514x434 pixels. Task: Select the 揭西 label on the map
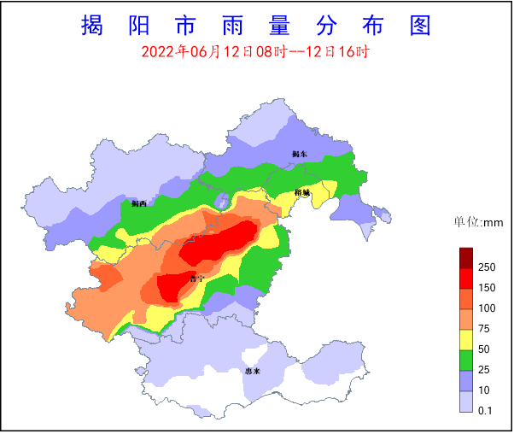coord(139,204)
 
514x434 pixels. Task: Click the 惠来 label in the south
coord(252,372)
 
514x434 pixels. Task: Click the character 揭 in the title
coord(91,26)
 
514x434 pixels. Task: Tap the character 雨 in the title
coord(223,26)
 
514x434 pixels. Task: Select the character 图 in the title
coord(420,26)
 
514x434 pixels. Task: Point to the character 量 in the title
coord(288,26)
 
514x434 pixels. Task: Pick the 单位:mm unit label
coord(479,223)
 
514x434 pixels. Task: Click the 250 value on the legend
coord(487,267)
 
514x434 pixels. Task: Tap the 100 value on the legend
coord(487,308)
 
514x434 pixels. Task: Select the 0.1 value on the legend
coord(486,411)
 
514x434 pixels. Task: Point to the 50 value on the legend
coord(484,349)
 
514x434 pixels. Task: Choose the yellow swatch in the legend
coord(466,339)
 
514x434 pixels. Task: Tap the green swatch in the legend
coord(466,360)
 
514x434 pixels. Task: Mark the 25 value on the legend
coord(484,369)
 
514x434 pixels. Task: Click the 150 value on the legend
coord(487,288)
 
